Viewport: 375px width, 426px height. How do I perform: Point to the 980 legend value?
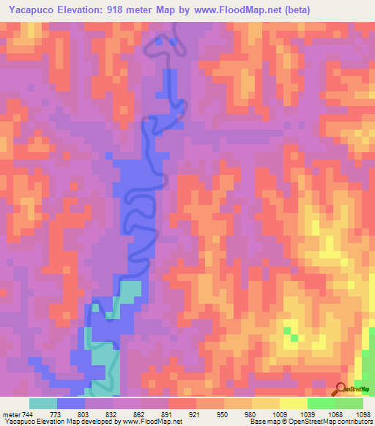pos(251,414)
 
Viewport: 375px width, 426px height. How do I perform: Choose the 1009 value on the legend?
pos(280,414)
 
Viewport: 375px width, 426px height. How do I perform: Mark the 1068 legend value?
pos(335,414)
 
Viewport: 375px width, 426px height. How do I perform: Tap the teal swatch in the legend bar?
pos(42,403)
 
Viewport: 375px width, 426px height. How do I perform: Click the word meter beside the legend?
pos(10,414)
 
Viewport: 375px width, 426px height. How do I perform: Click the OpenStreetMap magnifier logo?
pos(341,389)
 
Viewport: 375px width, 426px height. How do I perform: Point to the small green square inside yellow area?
pos(293,337)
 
